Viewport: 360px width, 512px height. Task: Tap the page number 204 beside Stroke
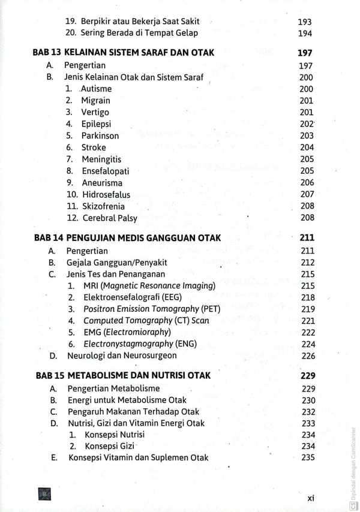coord(307,147)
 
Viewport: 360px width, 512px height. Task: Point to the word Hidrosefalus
coord(106,194)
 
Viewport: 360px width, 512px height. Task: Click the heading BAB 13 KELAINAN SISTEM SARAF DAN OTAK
coord(123,53)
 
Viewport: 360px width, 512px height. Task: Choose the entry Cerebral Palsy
coord(110,218)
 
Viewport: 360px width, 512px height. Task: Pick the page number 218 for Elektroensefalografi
coord(308,297)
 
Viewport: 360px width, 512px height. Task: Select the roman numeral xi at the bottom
coord(311,497)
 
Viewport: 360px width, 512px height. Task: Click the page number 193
coord(305,22)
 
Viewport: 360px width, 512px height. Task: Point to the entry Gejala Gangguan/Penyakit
coord(116,263)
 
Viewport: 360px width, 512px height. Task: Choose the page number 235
coord(308,458)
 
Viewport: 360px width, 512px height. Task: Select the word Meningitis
coord(102,159)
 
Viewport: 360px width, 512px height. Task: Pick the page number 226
coord(308,356)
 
